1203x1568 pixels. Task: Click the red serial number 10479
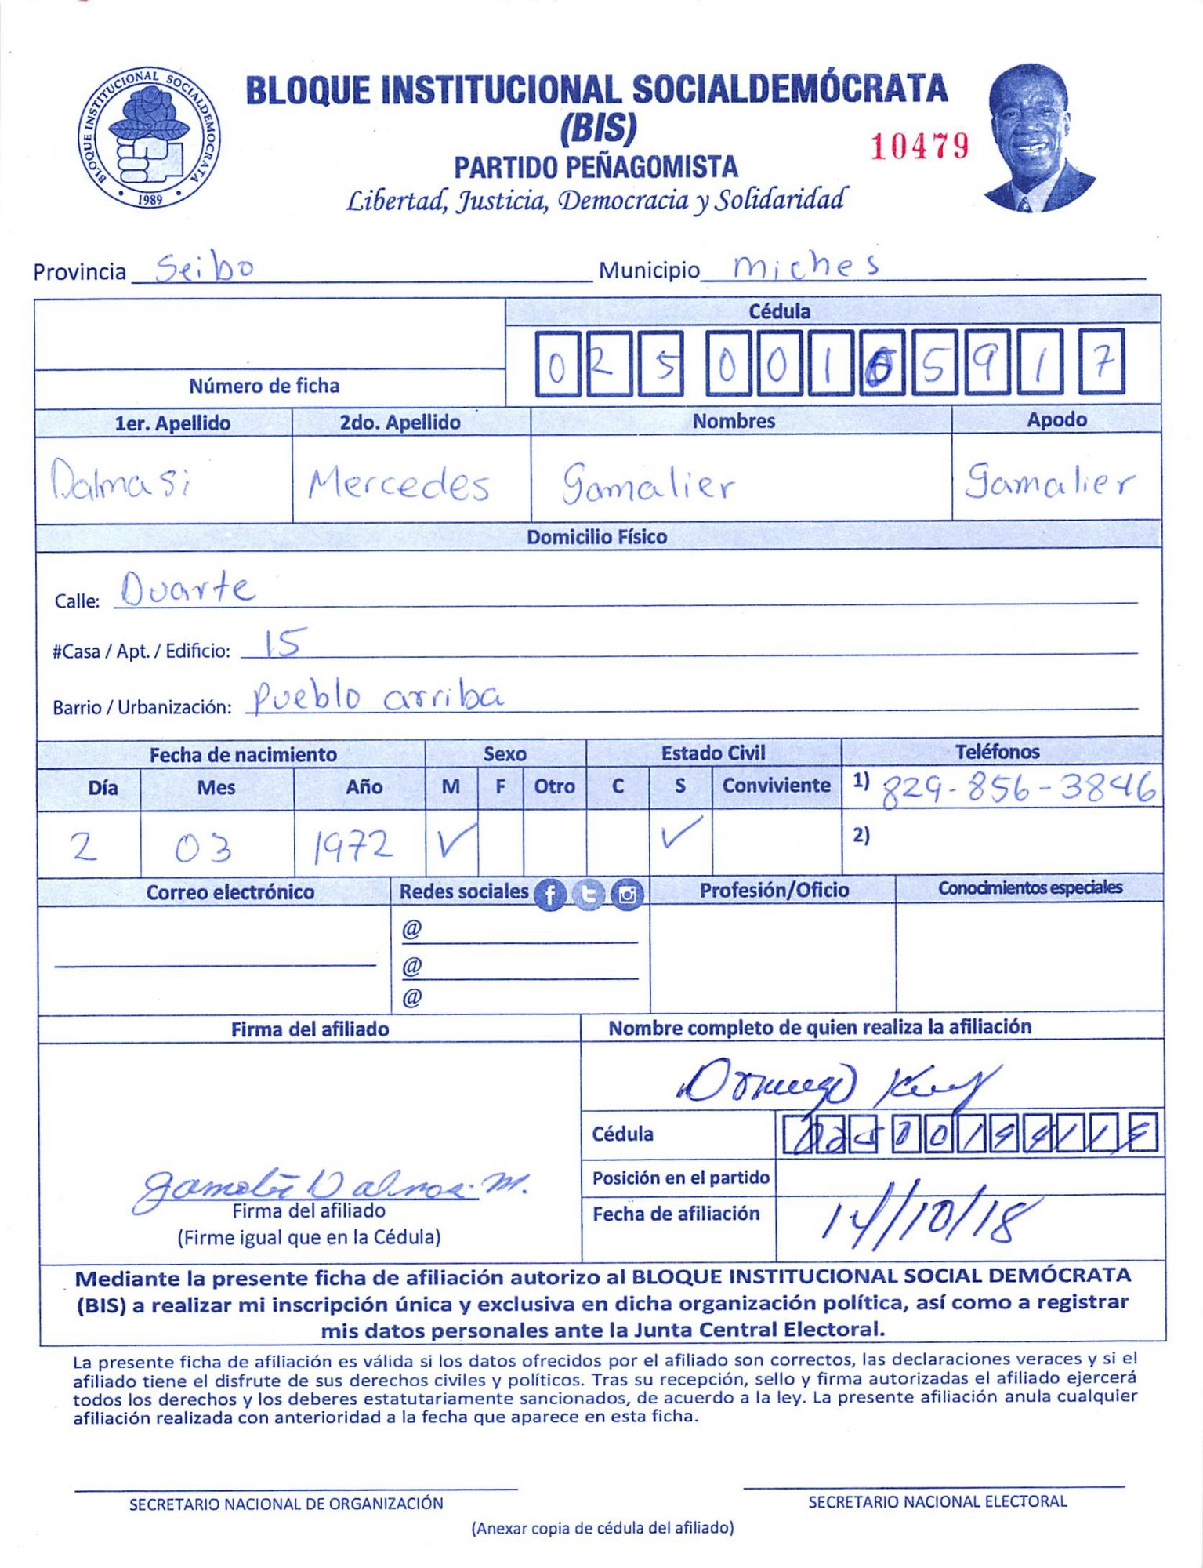919,147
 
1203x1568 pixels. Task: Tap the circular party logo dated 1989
148,137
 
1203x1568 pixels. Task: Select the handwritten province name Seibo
205,269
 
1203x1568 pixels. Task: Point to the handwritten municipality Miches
806,267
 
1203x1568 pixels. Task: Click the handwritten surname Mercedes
399,484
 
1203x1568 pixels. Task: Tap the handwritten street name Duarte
188,589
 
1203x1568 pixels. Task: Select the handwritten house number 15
281,643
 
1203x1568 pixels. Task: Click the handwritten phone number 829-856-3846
1019,789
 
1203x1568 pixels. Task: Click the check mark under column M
454,841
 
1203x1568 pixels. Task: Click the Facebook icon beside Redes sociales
550,895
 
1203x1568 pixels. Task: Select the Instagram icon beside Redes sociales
627,895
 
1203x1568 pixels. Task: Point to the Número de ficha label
264,386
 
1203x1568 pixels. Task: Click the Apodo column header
1056,419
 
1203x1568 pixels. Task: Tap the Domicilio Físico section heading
596,537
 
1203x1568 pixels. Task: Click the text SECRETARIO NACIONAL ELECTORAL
937,1501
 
